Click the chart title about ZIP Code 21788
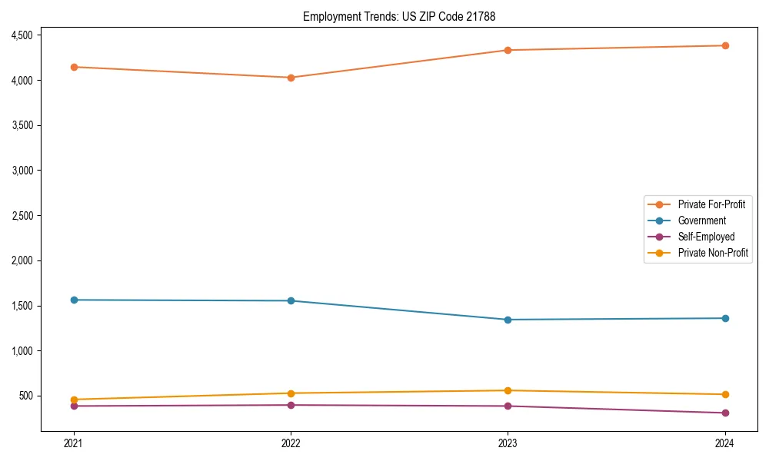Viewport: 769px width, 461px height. coord(404,16)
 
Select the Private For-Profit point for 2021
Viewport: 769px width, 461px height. coord(74,67)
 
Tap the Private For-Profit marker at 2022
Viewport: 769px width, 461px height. coord(291,78)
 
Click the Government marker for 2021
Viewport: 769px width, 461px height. coord(74,300)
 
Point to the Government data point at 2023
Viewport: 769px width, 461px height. coord(508,320)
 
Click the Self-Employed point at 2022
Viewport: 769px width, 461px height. coord(291,405)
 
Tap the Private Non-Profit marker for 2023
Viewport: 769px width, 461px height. coord(508,390)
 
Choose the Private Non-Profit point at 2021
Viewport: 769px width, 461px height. coord(74,400)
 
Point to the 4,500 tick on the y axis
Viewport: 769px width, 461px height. coord(22,35)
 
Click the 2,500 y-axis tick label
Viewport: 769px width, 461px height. coord(22,216)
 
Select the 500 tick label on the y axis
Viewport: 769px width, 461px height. coord(26,396)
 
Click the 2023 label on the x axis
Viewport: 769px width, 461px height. coord(508,443)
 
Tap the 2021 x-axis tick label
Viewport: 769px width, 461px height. coord(74,443)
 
